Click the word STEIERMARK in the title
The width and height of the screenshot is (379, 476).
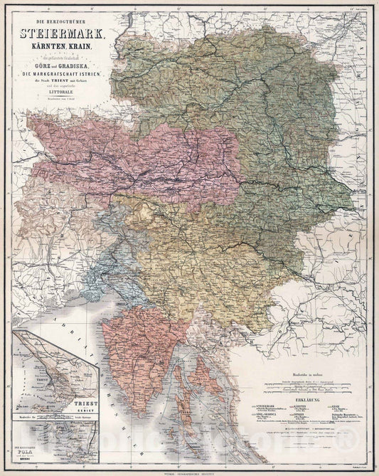(65, 31)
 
